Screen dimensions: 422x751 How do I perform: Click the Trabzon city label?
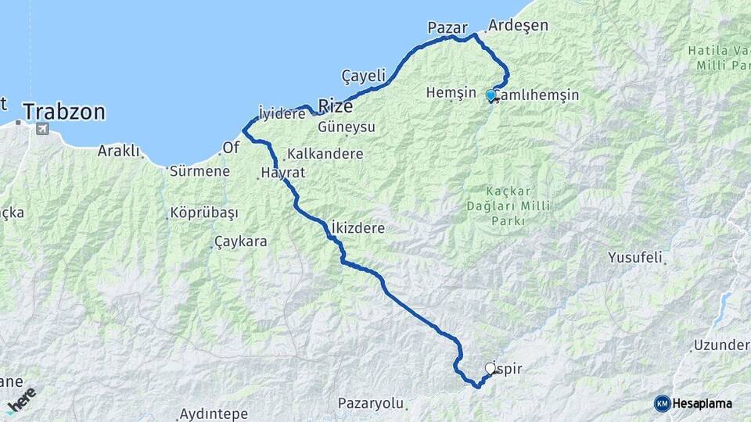pyautogui.click(x=64, y=112)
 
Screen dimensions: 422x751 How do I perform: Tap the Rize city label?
pyautogui.click(x=335, y=106)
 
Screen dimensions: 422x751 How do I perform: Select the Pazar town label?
pyautogui.click(x=447, y=28)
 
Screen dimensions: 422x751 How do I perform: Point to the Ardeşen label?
pyautogui.click(x=517, y=26)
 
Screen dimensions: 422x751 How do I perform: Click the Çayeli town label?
pyautogui.click(x=364, y=76)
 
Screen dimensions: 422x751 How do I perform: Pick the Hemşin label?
pyautogui.click(x=451, y=92)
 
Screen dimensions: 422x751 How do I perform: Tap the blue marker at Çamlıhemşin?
pyautogui.click(x=490, y=95)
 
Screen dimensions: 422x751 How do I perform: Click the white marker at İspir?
pyautogui.click(x=490, y=368)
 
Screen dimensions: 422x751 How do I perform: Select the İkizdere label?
pyautogui.click(x=359, y=227)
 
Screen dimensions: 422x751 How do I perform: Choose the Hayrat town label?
pyautogui.click(x=283, y=173)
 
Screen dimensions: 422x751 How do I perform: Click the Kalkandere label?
pyautogui.click(x=325, y=153)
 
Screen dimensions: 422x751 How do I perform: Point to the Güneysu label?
pyautogui.click(x=347, y=127)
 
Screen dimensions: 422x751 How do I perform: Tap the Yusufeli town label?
pyautogui.click(x=635, y=256)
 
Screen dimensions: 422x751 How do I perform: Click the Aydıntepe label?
pyautogui.click(x=214, y=413)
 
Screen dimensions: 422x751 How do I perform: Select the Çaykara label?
pyautogui.click(x=240, y=242)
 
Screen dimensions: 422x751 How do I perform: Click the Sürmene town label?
pyautogui.click(x=199, y=171)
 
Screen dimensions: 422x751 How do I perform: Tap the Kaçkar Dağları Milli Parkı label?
pyautogui.click(x=519, y=206)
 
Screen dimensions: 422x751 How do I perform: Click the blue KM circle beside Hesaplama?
pyautogui.click(x=662, y=403)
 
